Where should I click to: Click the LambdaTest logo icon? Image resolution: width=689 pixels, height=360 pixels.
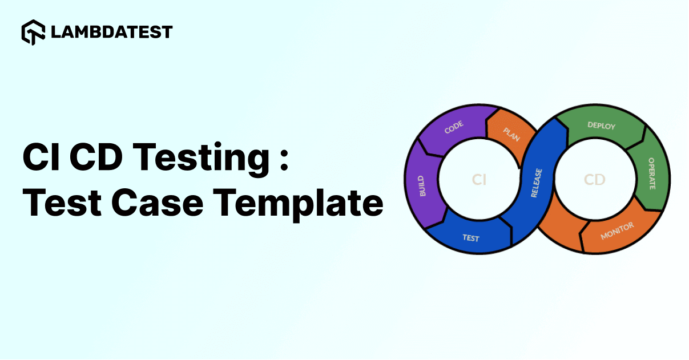(x=34, y=33)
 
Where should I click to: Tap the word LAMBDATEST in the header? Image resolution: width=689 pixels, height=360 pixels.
(x=111, y=32)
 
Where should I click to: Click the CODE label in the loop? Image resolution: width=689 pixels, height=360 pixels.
(x=454, y=127)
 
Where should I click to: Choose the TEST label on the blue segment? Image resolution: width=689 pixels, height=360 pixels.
(x=471, y=238)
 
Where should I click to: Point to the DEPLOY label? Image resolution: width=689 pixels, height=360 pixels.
(x=601, y=125)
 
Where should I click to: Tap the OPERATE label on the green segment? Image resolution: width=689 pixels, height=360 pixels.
(x=651, y=173)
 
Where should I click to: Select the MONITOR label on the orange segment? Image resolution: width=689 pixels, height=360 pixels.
(x=617, y=232)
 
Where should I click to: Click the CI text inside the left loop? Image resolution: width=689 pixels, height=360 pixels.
(x=479, y=180)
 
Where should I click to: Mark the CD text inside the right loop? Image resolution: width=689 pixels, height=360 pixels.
(x=594, y=180)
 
